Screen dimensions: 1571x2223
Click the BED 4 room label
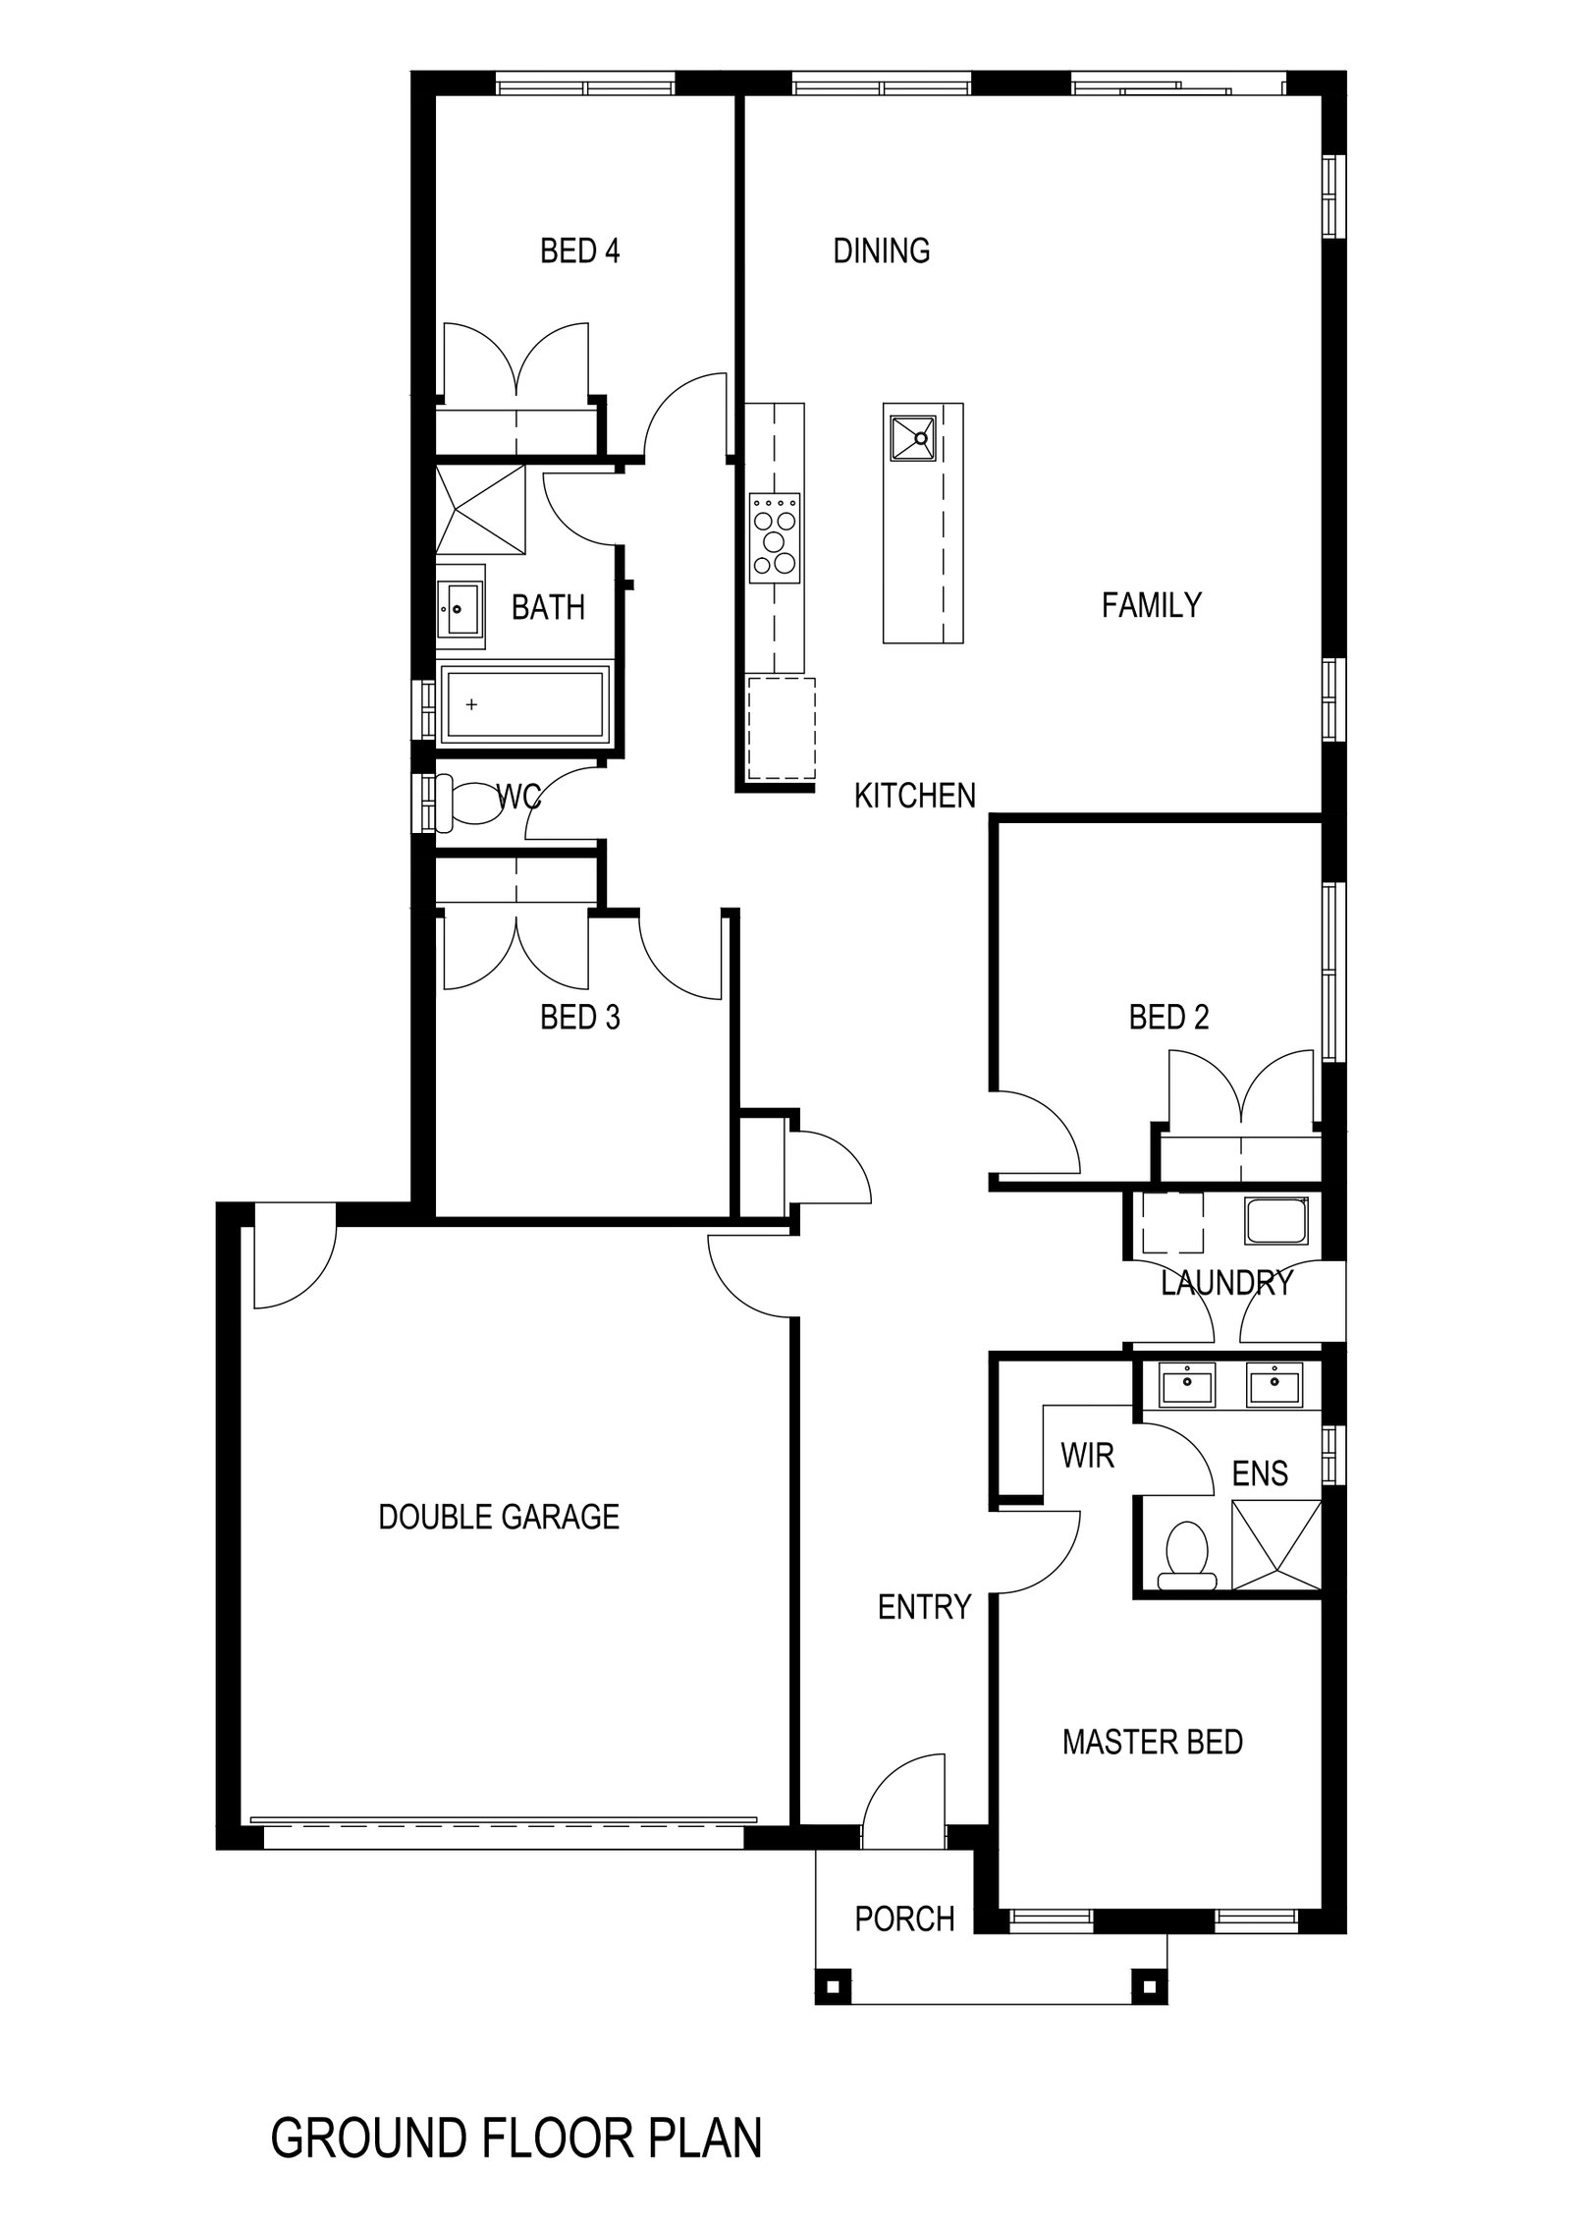(579, 250)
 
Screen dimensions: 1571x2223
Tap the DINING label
(881, 250)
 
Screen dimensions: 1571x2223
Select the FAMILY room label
(1151, 604)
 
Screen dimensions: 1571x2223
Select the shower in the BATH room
(480, 510)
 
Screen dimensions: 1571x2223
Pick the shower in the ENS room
(1275, 1545)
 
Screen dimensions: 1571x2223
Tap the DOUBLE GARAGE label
(499, 1517)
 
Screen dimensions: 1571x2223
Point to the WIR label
(1087, 1455)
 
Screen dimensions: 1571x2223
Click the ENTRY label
(924, 1607)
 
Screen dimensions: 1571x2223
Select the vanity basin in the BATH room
(460, 609)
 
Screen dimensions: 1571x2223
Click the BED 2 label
(1168, 1017)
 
